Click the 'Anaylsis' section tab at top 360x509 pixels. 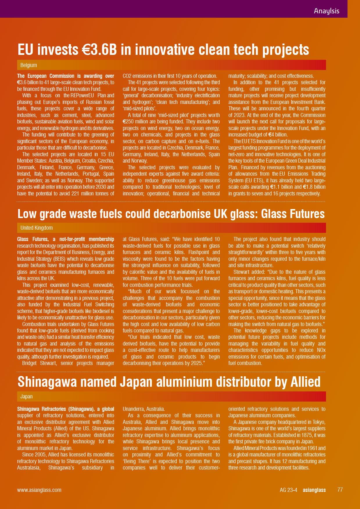click(x=326, y=11)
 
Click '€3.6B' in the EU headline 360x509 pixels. click(x=98, y=50)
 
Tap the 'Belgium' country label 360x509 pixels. click(x=28, y=65)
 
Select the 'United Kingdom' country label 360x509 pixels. click(x=36, y=228)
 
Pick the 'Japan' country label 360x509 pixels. click(x=26, y=396)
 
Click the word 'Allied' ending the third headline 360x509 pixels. click(x=305, y=382)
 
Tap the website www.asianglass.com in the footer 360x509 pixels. click(x=39, y=490)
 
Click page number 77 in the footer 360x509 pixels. click(x=340, y=490)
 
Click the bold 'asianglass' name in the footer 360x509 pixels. click(x=314, y=490)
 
